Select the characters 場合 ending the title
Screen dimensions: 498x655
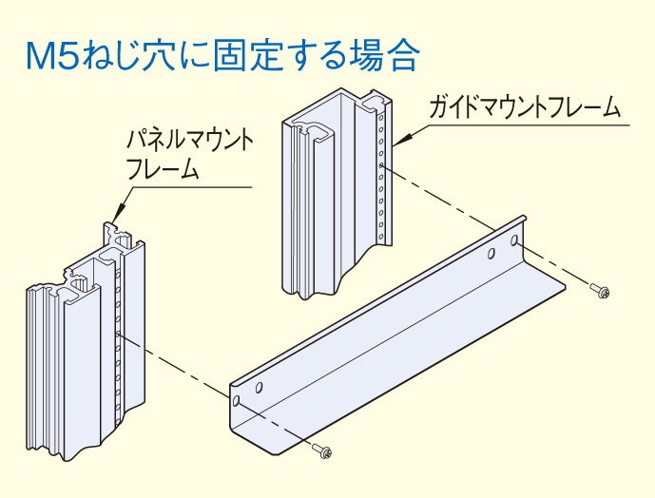click(x=388, y=56)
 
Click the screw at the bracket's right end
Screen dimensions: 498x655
click(x=601, y=291)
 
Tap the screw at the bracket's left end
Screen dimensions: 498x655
click(x=324, y=450)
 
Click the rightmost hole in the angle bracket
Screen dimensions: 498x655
click(x=516, y=241)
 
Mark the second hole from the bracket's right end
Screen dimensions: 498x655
click(x=491, y=254)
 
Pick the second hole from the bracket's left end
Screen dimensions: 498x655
click(x=258, y=388)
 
